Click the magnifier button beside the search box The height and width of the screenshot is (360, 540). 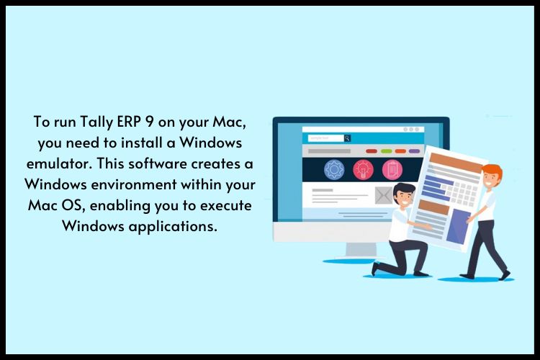[347, 138]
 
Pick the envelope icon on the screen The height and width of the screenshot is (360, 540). [384, 194]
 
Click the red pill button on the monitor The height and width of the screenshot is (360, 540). [372, 151]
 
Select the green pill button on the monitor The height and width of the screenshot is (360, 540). [386, 151]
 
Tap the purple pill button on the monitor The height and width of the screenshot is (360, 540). [414, 151]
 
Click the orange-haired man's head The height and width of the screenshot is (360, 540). [492, 176]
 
